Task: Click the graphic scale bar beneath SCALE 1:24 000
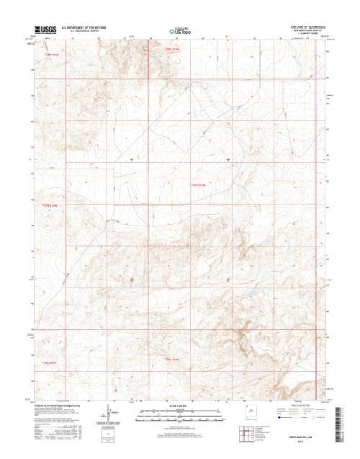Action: click(179, 413)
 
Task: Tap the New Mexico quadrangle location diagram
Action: click(251, 414)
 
